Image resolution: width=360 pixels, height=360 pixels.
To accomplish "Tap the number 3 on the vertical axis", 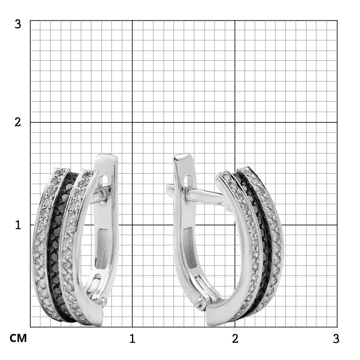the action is (x=18, y=24).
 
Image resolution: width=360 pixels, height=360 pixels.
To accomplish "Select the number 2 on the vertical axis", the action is (x=18, y=123).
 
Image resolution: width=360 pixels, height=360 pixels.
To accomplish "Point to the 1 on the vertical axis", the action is (x=18, y=225).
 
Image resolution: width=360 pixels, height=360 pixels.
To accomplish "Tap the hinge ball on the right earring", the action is (x=199, y=302).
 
